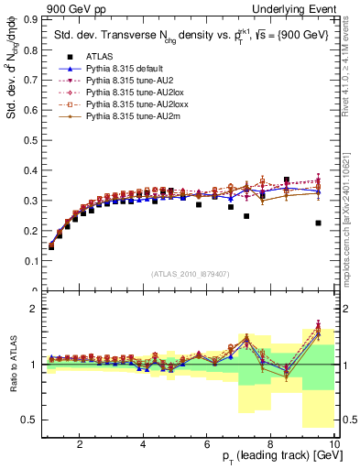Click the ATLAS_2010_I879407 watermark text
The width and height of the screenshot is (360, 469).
[190, 274]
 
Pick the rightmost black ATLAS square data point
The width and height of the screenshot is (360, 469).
[318, 224]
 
